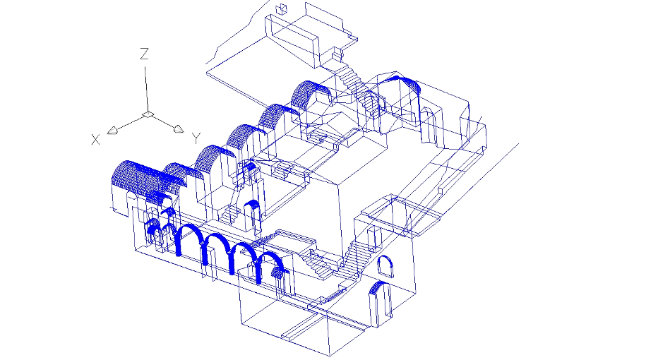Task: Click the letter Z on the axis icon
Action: click(144, 54)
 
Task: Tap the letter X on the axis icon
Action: click(95, 140)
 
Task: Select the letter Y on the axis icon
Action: click(196, 138)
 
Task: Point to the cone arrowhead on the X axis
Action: click(112, 131)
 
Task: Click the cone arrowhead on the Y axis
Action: click(179, 129)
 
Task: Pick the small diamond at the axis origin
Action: click(148, 114)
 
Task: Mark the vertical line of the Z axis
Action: click(146, 89)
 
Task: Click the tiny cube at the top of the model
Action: click(281, 8)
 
